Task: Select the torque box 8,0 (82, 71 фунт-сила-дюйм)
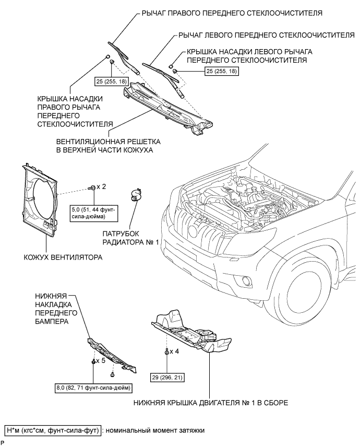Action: (x=93, y=388)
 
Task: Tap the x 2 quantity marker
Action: (x=101, y=186)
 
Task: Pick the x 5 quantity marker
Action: (x=100, y=361)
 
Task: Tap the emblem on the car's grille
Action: (x=193, y=231)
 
